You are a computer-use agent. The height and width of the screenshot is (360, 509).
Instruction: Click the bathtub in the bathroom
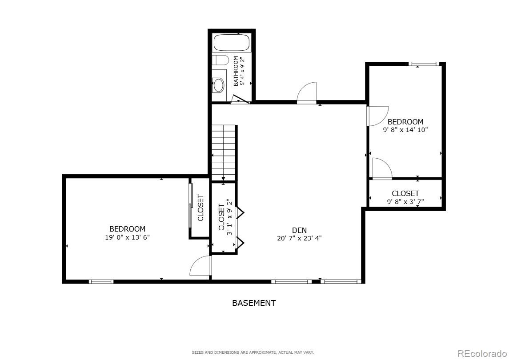(x=232, y=43)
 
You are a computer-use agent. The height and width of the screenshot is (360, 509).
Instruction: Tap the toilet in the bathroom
(x=220, y=60)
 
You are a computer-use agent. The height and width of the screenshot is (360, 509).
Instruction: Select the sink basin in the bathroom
(x=219, y=84)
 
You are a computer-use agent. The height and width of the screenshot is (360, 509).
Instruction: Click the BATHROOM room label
(x=236, y=71)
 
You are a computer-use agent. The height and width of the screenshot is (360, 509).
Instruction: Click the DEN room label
(x=299, y=230)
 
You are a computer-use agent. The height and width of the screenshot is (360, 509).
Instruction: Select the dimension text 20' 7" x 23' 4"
(x=299, y=238)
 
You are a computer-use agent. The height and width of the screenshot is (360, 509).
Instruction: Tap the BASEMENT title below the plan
(x=254, y=303)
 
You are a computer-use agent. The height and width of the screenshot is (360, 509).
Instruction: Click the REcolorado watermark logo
(x=482, y=354)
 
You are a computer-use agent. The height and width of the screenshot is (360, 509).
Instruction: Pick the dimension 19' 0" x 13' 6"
(x=127, y=237)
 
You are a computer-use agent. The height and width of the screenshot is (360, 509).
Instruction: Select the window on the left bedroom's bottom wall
(x=101, y=281)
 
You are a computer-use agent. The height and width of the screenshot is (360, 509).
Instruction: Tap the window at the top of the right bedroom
(x=424, y=64)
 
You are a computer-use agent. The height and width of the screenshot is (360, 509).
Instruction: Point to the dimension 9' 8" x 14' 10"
(x=405, y=130)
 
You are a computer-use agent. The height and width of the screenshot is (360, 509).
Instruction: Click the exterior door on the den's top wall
(x=307, y=93)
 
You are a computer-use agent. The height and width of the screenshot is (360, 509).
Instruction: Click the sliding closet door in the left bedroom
(x=191, y=201)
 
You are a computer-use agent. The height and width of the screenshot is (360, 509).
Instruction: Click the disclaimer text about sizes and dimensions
(x=252, y=352)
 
